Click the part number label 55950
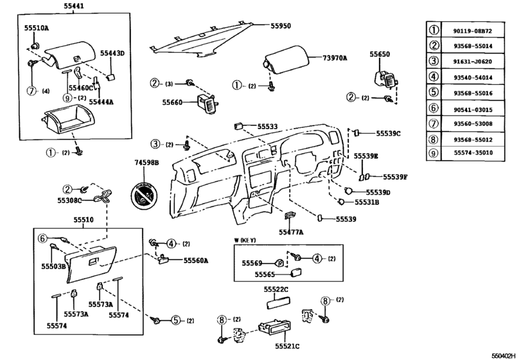point(280,26)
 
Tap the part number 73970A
point(333,58)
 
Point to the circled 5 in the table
point(434,92)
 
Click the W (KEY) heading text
point(244,240)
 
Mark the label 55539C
point(387,134)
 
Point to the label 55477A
point(290,231)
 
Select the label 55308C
point(75,201)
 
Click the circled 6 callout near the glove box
point(43,237)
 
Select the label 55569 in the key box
point(252,262)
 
